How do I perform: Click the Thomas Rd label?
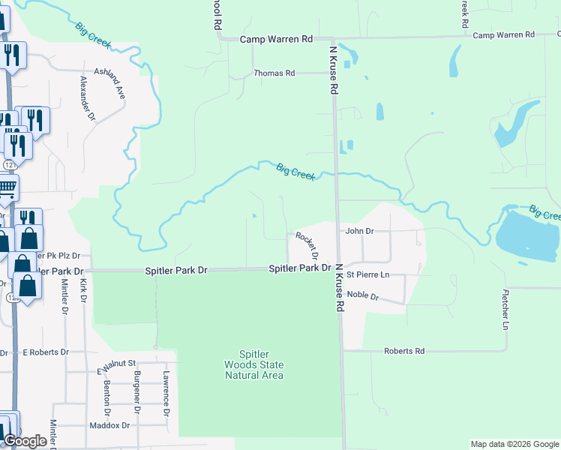pos(274,73)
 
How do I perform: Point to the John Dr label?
pos(359,231)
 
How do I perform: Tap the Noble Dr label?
pos(364,296)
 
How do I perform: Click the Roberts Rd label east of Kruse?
pos(404,351)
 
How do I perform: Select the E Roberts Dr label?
pos(46,352)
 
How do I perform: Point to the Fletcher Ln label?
pos(506,310)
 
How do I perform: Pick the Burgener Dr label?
pos(136,392)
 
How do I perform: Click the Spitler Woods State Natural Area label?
pos(254,364)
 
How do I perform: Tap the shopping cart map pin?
pos(6,190)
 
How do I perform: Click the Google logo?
pos(25,441)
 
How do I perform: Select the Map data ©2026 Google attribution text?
pos(513,444)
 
